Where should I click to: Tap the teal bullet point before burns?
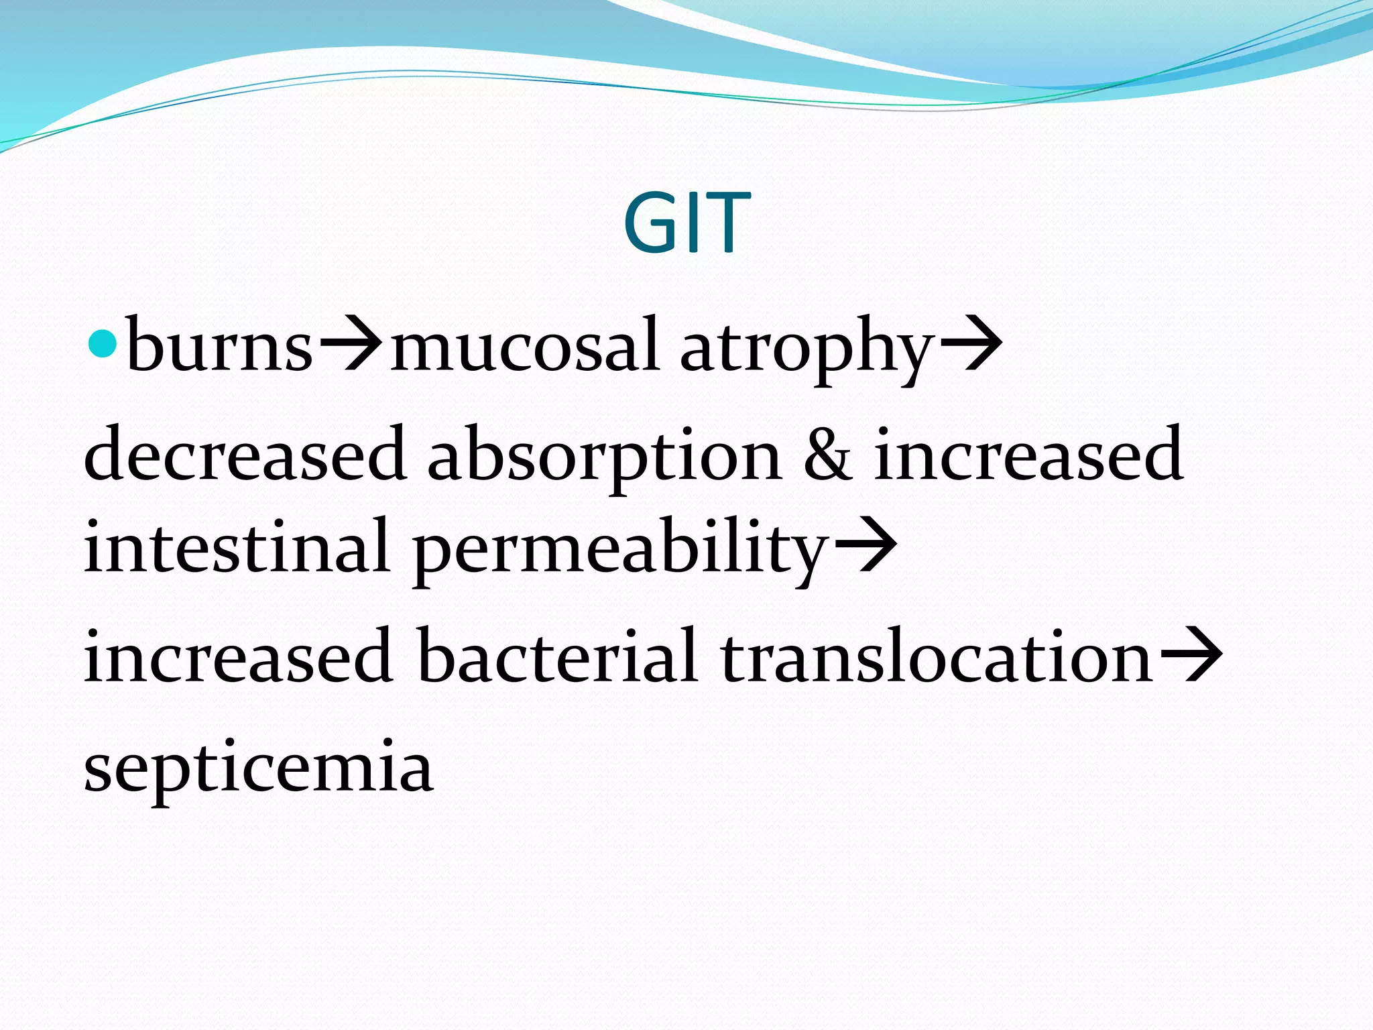(103, 343)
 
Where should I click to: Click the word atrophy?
(807, 349)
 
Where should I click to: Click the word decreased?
(245, 453)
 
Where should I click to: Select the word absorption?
(605, 456)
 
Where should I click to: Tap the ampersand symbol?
(829, 455)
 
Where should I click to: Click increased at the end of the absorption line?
(1028, 453)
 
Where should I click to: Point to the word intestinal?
(237, 546)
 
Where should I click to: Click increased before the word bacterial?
(238, 655)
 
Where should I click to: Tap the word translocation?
(937, 655)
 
